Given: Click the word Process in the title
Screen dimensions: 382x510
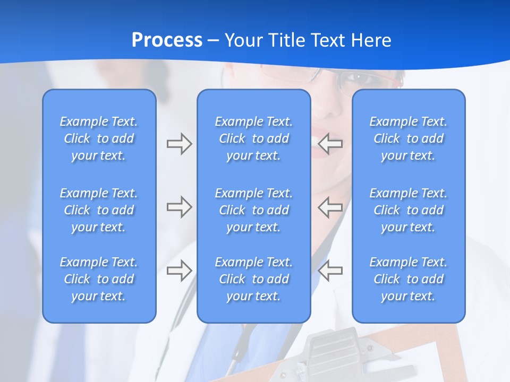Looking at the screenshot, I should point(167,40).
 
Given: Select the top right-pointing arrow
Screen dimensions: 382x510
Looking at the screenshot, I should point(179,143).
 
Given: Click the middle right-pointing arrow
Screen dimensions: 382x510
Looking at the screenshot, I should point(179,207).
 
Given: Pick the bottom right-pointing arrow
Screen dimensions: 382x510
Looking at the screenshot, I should point(179,271).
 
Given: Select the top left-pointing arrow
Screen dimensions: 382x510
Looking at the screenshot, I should point(330,143).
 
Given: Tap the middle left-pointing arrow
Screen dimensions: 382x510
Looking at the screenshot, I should point(330,207).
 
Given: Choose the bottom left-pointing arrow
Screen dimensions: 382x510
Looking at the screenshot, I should point(330,271).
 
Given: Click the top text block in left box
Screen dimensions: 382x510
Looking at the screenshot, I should point(99,138).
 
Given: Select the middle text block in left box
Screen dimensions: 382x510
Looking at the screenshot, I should point(99,210).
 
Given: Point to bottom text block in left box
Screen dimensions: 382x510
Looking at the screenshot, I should point(99,279).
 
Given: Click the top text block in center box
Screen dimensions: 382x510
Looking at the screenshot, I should point(254,138).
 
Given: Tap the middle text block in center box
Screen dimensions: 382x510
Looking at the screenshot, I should point(254,210).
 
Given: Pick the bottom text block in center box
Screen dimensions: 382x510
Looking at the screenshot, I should point(254,279).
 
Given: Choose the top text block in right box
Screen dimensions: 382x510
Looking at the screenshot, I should point(409,138).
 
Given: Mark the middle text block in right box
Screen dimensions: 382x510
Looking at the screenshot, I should point(409,210).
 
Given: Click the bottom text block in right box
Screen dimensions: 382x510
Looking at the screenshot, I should point(409,279).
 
